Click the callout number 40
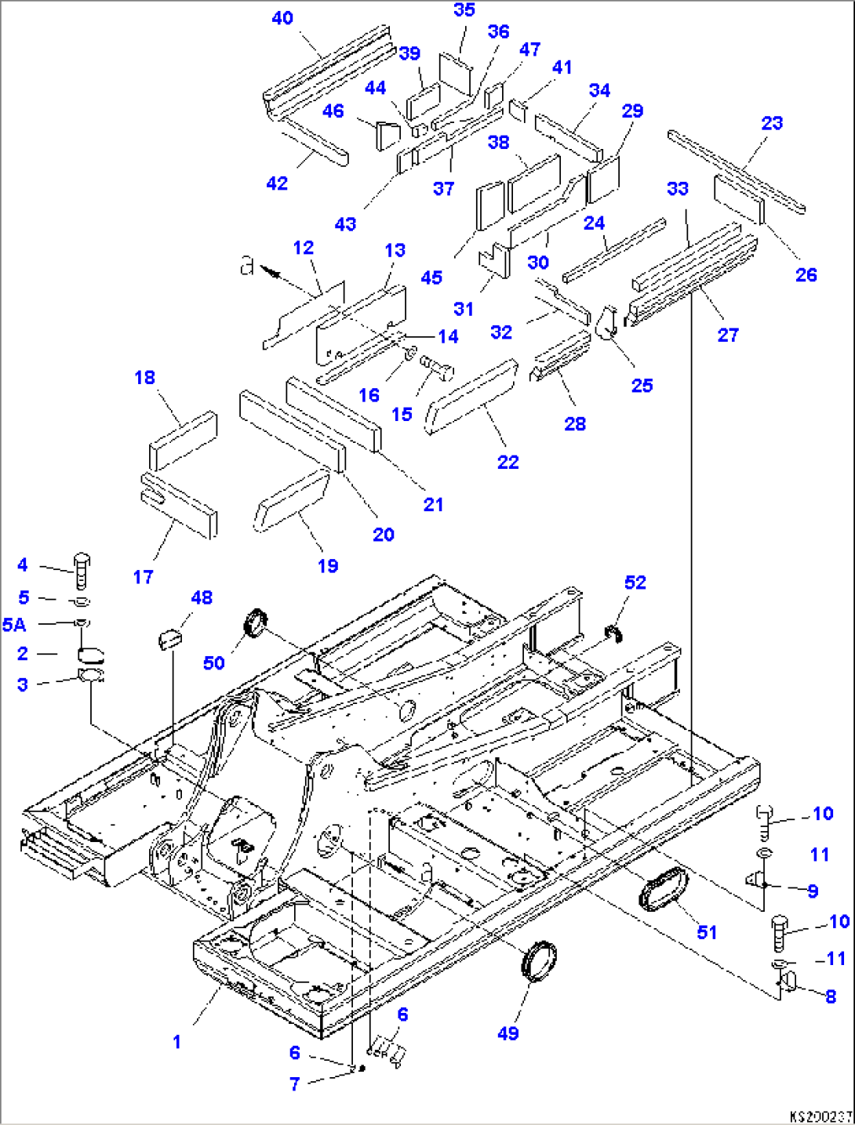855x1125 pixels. [x=282, y=19]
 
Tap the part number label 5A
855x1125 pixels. [x=14, y=625]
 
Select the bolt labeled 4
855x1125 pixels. [x=82, y=571]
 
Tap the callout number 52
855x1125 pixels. [x=635, y=582]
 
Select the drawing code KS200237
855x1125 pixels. [x=821, y=1117]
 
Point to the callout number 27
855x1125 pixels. [x=728, y=336]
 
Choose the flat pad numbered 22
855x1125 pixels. [x=471, y=396]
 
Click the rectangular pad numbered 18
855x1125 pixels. [x=183, y=441]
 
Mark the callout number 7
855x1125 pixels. [x=294, y=1084]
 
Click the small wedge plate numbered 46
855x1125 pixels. [x=388, y=136]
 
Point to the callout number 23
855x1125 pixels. [x=772, y=123]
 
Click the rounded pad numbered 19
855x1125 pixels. [x=291, y=499]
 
